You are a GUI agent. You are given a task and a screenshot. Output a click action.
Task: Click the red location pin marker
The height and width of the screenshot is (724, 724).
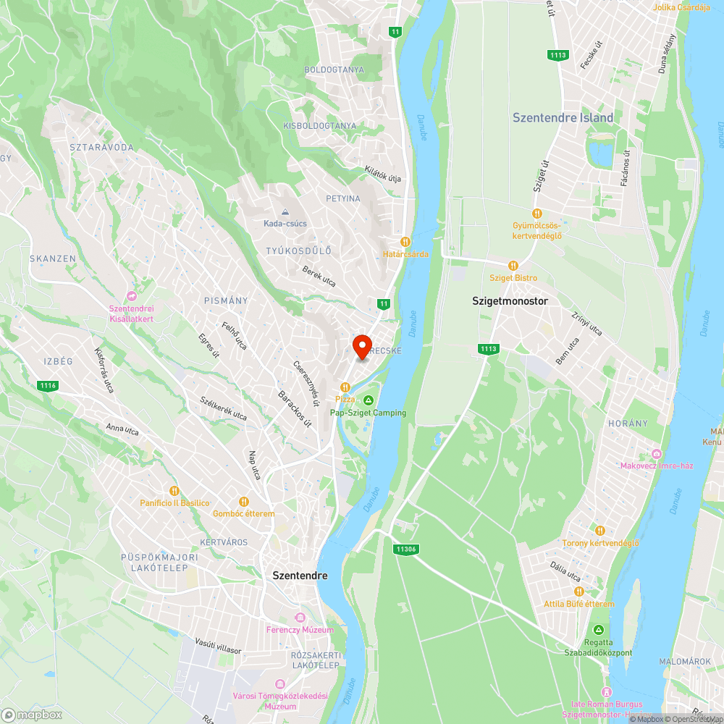coord(362,345)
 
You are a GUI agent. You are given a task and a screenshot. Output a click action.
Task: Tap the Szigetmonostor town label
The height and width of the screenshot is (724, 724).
coord(510,300)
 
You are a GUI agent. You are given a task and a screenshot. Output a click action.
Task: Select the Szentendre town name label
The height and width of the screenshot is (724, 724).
coord(300,576)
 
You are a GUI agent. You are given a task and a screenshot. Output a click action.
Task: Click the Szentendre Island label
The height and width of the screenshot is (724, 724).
coord(563,117)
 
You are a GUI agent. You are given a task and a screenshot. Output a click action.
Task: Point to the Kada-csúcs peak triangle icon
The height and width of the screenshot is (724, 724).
coord(285,212)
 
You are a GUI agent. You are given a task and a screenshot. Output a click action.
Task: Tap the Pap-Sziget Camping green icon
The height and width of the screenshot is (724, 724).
coord(368,400)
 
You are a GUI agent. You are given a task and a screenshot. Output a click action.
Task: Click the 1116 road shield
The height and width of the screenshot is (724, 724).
coord(48,386)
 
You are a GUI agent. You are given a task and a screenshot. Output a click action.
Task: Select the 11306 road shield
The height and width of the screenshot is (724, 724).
coord(406,549)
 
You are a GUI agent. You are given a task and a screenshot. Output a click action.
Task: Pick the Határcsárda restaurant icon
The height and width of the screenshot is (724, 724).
coord(405,242)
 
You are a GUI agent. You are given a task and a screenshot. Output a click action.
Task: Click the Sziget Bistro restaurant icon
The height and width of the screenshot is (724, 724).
coord(513,266)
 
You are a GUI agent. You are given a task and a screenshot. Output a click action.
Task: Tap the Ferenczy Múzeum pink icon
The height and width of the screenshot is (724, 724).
coord(300,617)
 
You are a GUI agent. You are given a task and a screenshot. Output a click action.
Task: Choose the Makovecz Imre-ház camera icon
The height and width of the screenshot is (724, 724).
coord(657,453)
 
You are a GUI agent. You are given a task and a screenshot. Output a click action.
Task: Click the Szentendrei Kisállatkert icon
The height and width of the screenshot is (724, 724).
coord(131,296)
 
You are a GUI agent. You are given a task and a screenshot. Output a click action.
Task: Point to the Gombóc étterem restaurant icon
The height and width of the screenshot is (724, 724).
coord(244,501)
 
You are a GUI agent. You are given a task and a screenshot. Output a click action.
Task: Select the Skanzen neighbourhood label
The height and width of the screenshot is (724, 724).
coord(52,258)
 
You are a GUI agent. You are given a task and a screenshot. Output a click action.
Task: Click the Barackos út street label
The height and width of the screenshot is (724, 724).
coord(295,409)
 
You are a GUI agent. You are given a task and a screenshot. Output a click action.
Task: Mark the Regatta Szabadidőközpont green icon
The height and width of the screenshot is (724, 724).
coord(598,629)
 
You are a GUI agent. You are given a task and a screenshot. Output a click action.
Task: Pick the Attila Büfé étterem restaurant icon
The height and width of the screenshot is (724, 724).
coord(579,592)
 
